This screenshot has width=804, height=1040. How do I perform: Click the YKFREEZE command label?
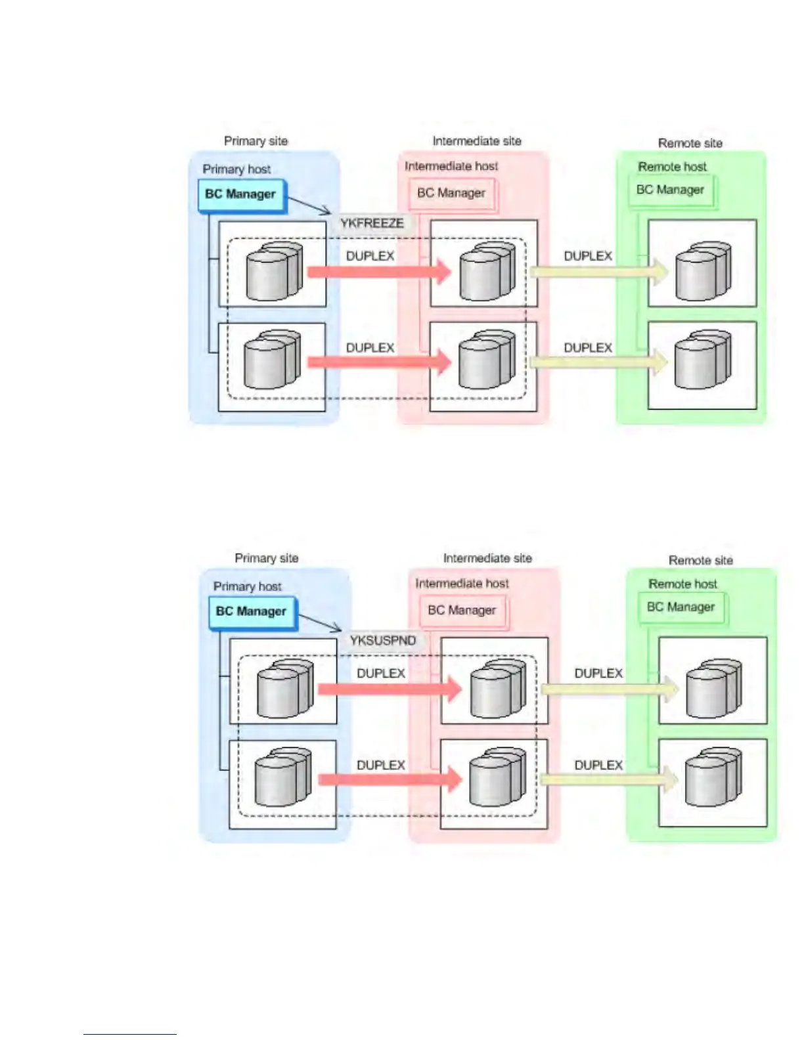372,223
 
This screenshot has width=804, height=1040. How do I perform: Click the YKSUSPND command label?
382,640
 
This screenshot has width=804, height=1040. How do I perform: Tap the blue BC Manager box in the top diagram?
241,194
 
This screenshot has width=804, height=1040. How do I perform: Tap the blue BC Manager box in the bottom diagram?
252,611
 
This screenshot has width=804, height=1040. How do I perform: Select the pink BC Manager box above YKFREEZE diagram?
451,193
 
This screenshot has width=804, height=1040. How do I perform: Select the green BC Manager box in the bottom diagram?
681,607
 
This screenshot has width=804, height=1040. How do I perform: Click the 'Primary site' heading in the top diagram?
256,141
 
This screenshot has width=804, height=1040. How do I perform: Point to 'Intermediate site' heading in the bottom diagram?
487,558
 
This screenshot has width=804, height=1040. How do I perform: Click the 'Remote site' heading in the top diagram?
690,143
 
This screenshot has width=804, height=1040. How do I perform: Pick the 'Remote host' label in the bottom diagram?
682,584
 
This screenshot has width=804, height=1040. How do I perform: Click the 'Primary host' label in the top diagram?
236,169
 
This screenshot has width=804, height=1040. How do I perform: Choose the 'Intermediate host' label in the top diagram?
451,166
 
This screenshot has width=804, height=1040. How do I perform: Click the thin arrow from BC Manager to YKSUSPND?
319,622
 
